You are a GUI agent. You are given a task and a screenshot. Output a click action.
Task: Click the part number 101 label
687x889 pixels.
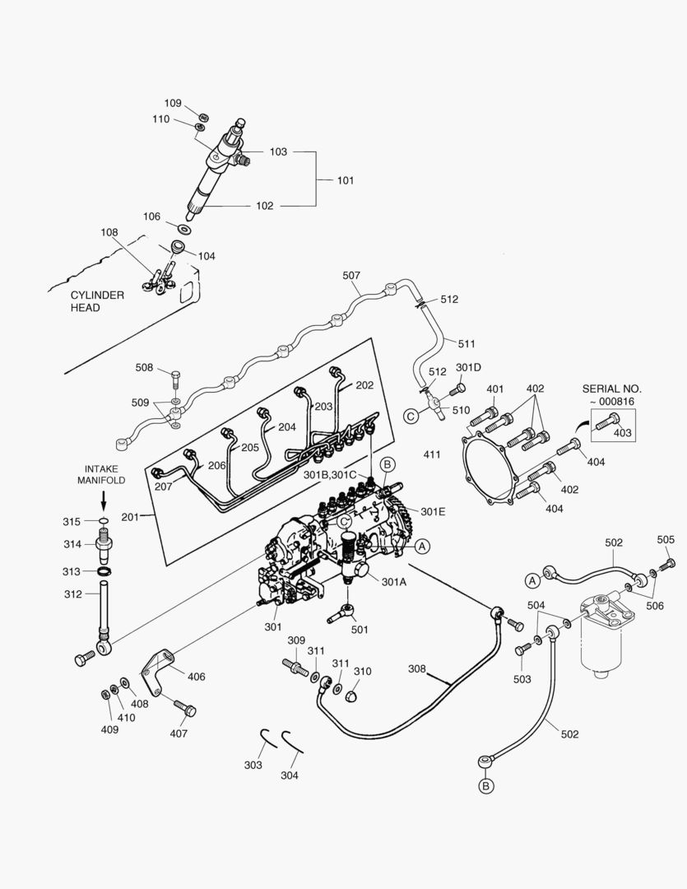[x=346, y=179]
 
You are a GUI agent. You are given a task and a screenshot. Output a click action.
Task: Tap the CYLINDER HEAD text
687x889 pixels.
[x=97, y=301]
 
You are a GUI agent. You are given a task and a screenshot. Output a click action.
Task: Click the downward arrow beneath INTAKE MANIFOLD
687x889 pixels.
[x=103, y=500]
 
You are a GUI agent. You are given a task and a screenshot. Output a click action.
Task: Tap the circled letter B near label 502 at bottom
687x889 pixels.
[x=487, y=786]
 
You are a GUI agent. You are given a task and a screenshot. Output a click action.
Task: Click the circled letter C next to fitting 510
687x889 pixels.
[x=410, y=417]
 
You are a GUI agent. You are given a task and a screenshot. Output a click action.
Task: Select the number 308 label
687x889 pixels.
[x=418, y=669]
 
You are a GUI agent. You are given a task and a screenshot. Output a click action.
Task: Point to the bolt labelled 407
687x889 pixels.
[x=184, y=706]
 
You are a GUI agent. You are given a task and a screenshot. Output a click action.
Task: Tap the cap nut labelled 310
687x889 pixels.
[x=352, y=696]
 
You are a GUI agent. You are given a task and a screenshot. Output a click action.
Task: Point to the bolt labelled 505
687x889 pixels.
[x=668, y=564]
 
